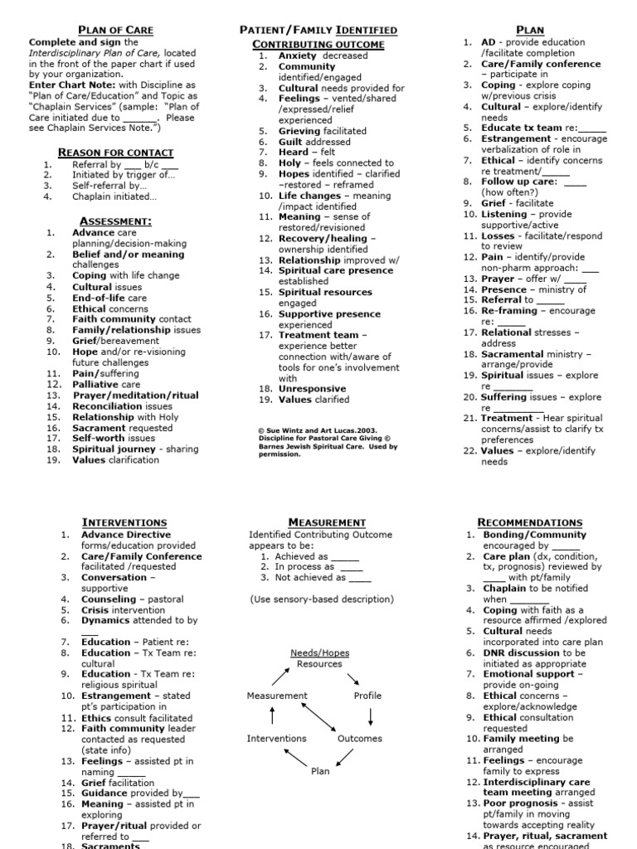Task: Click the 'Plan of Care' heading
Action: click(115, 30)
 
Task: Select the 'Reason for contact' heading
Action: click(115, 153)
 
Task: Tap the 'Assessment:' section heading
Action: click(115, 221)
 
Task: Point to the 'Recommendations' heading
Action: click(530, 522)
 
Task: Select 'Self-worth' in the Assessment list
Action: click(99, 439)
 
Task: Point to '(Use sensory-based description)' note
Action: click(322, 599)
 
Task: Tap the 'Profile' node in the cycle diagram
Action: click(367, 696)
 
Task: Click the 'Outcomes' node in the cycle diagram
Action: click(360, 739)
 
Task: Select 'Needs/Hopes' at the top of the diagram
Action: click(319, 653)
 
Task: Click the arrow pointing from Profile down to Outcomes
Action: click(370, 717)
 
